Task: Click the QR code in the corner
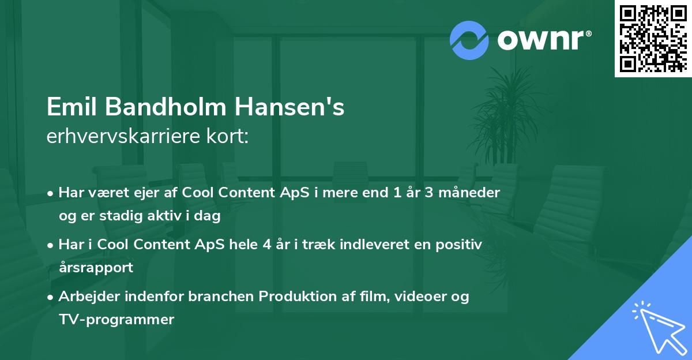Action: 653,39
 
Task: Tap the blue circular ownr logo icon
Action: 469,40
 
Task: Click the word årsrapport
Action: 96,267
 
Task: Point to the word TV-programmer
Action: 116,319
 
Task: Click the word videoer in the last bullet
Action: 418,297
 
